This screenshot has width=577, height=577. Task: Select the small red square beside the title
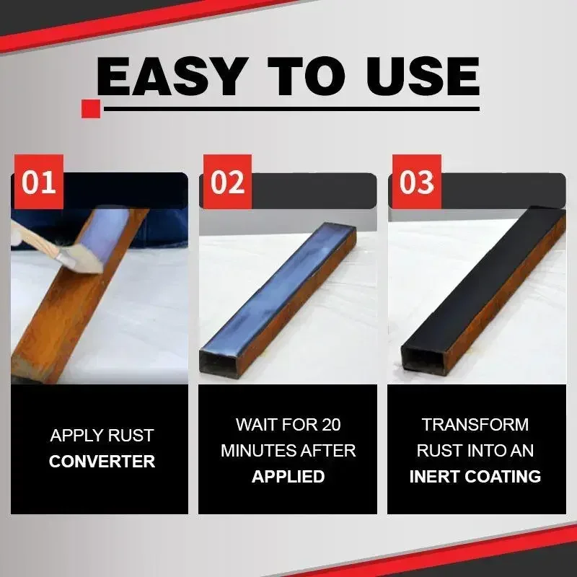tap(91, 109)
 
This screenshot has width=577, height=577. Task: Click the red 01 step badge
tap(38, 182)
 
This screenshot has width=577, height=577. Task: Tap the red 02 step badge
tap(226, 182)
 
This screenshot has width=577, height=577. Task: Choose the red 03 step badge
tap(415, 182)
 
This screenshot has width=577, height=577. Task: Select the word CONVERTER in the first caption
tap(102, 462)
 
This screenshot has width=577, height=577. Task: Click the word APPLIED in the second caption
tap(288, 477)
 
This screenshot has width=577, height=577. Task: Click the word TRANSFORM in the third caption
tap(475, 424)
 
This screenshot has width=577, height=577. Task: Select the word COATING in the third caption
tap(508, 477)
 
